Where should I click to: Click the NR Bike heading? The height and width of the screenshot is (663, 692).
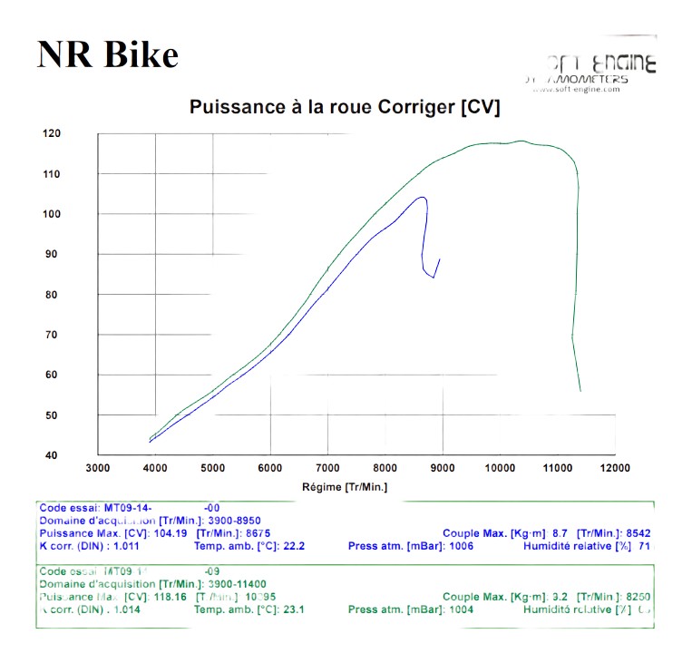tap(108, 55)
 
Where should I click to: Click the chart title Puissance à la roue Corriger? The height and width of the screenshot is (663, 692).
tap(345, 107)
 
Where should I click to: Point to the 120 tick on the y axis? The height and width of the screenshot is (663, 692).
tap(52, 133)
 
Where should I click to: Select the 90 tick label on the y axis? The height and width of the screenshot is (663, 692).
tap(52, 254)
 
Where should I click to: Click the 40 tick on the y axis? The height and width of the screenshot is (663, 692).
tap(52, 455)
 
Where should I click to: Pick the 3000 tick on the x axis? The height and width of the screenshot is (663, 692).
tap(98, 468)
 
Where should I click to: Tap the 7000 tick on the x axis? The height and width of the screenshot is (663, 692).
tap(327, 468)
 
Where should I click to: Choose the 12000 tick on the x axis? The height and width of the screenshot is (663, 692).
tap(614, 468)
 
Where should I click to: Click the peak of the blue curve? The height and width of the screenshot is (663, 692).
tap(422, 197)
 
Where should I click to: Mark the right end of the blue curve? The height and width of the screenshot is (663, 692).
tap(440, 259)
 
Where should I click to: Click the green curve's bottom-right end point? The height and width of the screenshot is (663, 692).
tap(580, 391)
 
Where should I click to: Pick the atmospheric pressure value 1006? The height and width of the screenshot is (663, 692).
tap(461, 547)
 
